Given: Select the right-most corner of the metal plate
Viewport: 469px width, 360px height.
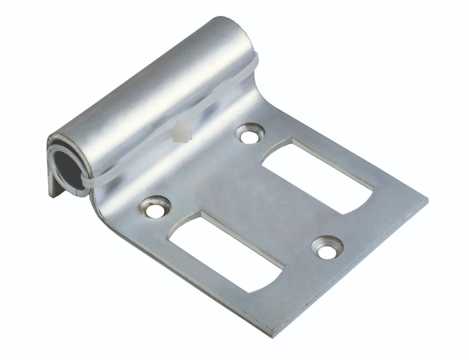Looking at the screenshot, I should coord(427,201).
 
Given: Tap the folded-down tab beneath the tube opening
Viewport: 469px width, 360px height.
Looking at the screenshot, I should coord(53,190).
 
